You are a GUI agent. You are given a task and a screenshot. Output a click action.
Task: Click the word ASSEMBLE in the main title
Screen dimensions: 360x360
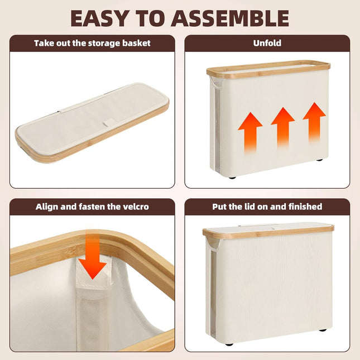pos(230,18)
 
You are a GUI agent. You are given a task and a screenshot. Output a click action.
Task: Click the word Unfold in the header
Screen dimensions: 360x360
pos(267,43)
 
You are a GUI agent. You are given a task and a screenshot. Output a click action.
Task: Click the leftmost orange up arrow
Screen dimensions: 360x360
pos(250,133)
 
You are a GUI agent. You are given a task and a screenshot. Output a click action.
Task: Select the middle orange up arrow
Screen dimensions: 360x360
pos(283,128)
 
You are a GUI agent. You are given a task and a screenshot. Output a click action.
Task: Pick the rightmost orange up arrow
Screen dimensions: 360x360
pos(314,123)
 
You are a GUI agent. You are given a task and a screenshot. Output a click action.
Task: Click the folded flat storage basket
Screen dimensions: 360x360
pos(92,123)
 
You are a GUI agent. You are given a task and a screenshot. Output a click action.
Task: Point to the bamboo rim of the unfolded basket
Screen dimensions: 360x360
pos(268,68)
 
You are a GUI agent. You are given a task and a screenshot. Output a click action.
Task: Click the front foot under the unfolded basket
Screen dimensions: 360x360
pos(232,177)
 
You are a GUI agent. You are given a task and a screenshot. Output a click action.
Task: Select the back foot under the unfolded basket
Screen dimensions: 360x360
pos(320,160)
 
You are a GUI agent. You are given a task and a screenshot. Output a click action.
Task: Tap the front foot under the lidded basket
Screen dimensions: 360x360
pos(229,351)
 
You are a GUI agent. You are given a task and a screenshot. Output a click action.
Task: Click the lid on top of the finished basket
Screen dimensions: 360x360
pos(268,231)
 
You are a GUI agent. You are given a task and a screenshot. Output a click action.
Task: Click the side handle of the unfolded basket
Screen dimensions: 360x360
pos(213,82)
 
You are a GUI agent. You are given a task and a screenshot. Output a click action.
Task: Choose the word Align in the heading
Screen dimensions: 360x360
pos(47,207)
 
